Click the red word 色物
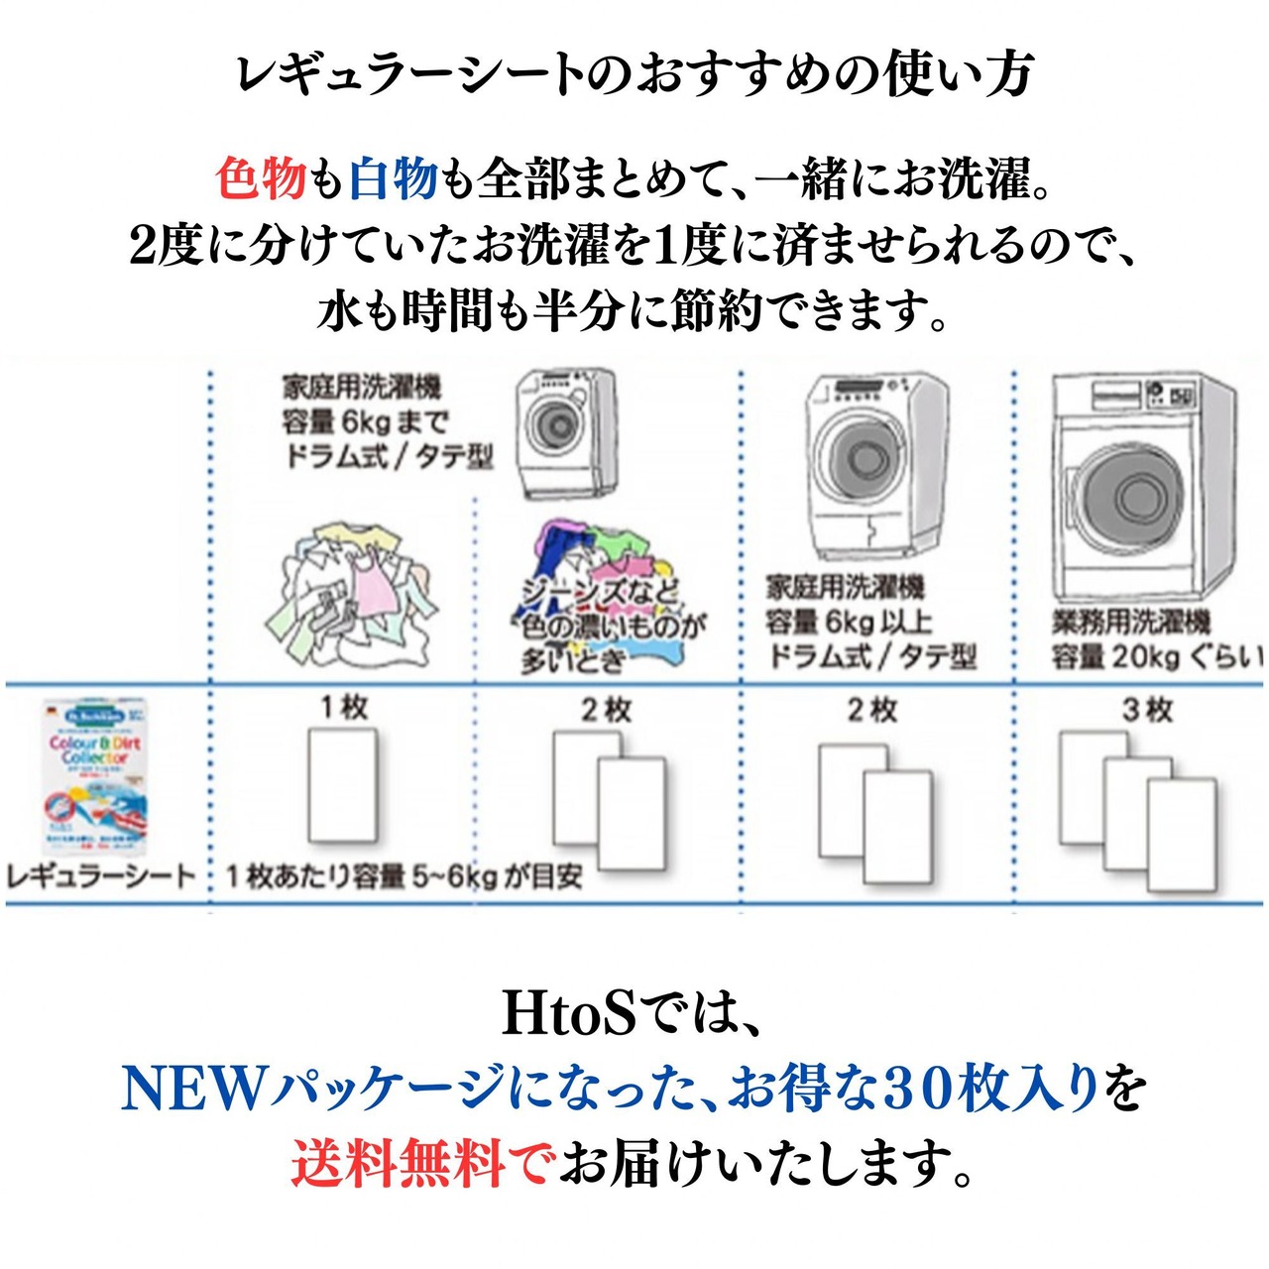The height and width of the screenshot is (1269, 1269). pyautogui.click(x=261, y=179)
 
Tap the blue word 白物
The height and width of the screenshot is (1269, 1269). pyautogui.click(x=394, y=179)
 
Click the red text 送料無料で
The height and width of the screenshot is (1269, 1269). pyautogui.click(x=421, y=1163)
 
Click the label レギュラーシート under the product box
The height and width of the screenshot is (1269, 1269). pyautogui.click(x=101, y=875)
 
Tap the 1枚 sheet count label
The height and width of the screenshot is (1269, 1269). pyautogui.click(x=343, y=708)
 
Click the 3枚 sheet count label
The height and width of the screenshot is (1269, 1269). pyautogui.click(x=1147, y=710)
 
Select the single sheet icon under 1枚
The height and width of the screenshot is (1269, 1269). pyautogui.click(x=343, y=785)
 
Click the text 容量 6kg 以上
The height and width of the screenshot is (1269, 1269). pyautogui.click(x=849, y=622)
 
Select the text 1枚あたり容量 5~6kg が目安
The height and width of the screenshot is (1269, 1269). pyautogui.click(x=404, y=876)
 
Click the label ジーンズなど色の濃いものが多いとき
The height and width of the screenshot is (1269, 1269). pyautogui.click(x=612, y=625)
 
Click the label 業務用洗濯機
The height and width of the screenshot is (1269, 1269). pyautogui.click(x=1131, y=622)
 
